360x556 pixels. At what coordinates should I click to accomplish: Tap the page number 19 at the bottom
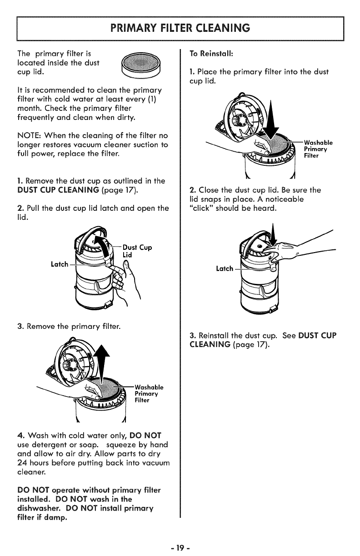pyautogui.click(x=180, y=541)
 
